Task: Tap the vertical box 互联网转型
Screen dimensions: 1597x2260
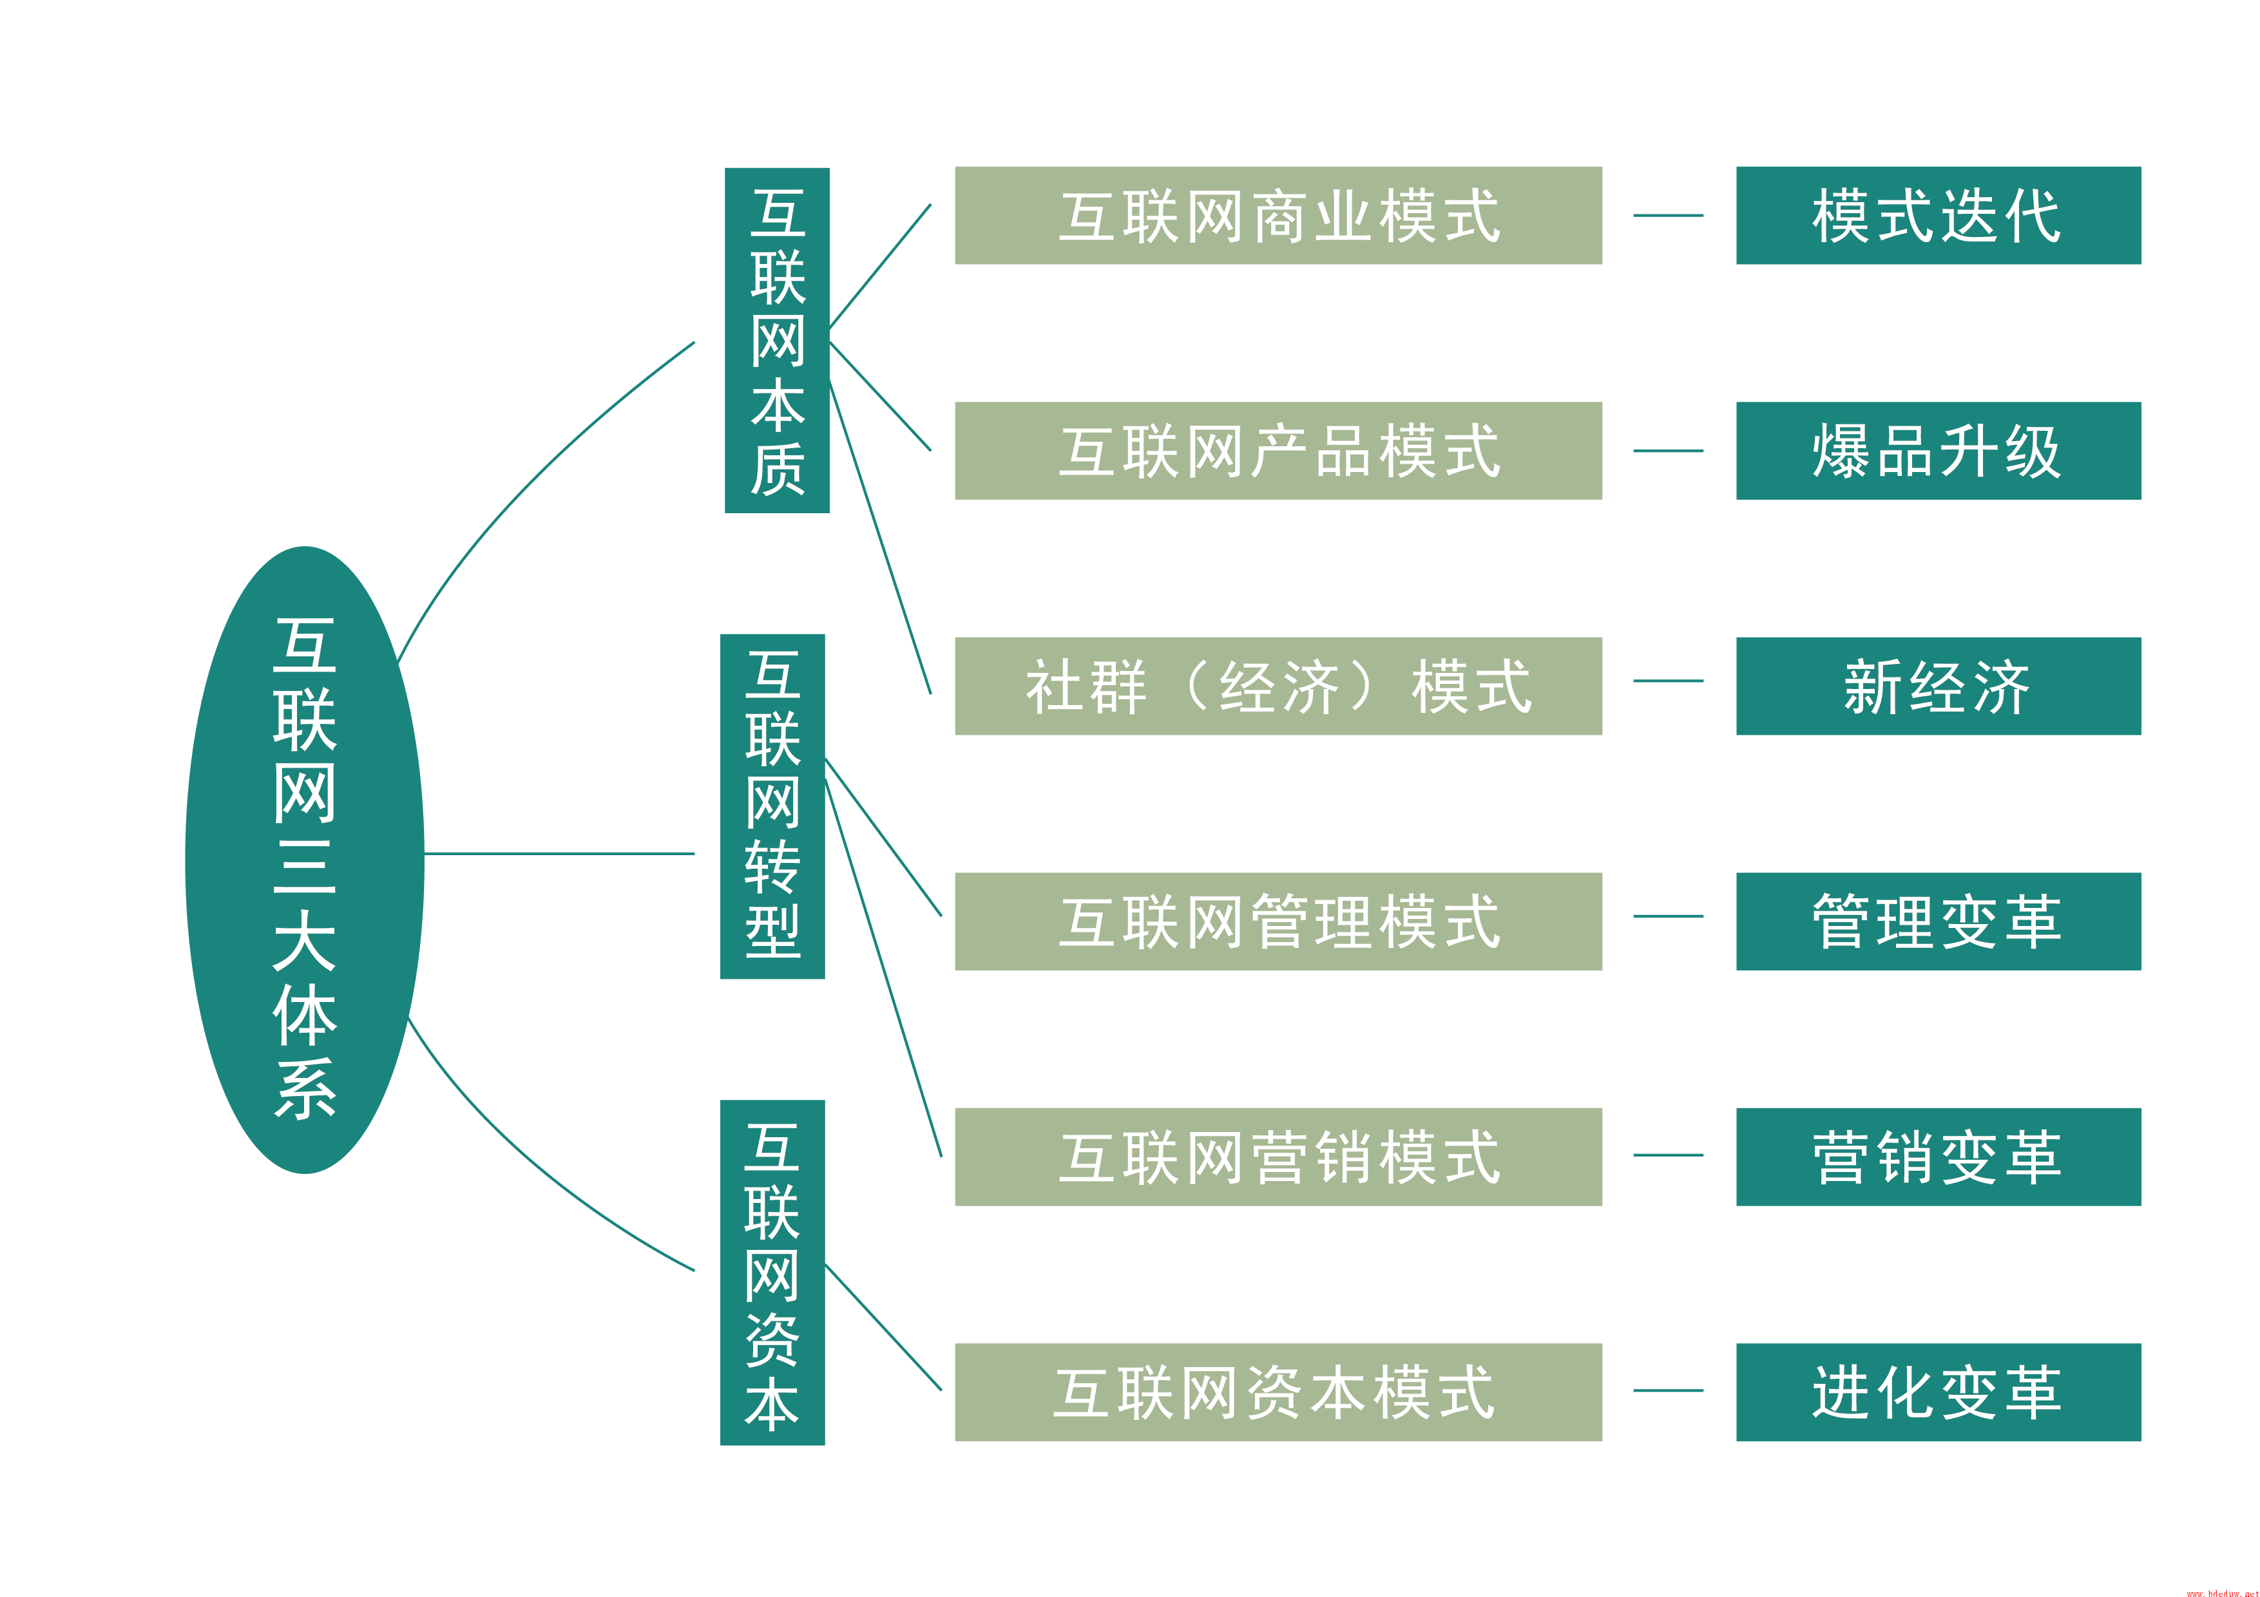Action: click(x=772, y=805)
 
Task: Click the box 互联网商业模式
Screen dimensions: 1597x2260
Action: click(x=1278, y=216)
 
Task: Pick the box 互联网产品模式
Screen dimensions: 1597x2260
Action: click(x=1278, y=451)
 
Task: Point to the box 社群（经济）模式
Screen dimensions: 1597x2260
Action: click(x=1278, y=686)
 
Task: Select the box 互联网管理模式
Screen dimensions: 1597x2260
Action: click(x=1278, y=921)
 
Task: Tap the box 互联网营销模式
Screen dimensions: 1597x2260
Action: click(x=1278, y=1156)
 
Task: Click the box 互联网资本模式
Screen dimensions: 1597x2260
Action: click(x=1278, y=1392)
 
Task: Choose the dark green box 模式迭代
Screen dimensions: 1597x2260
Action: click(x=1937, y=216)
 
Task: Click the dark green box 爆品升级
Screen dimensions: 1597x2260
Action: click(x=1937, y=451)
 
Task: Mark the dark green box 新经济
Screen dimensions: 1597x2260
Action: click(x=1937, y=686)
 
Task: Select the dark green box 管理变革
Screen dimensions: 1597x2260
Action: click(x=1937, y=921)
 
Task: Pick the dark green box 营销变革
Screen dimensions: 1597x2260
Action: click(x=1937, y=1156)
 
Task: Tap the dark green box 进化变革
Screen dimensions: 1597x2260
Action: click(x=1937, y=1392)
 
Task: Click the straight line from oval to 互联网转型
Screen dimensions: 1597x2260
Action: click(x=559, y=853)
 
